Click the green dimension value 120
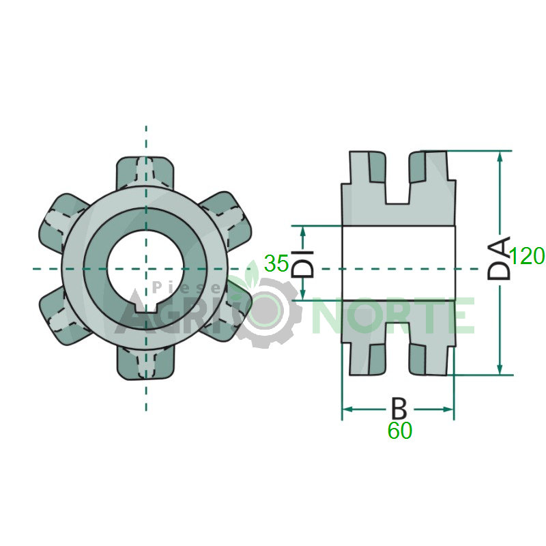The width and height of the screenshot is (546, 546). pos(527,256)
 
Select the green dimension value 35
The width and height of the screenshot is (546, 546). pos(276,263)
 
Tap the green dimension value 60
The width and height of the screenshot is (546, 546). pos(400,431)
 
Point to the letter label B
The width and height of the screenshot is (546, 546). pos(399,408)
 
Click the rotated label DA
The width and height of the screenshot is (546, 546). pos(499,258)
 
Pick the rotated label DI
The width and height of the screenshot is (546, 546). pos(302,263)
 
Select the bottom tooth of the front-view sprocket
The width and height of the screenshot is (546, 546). pos(145,363)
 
